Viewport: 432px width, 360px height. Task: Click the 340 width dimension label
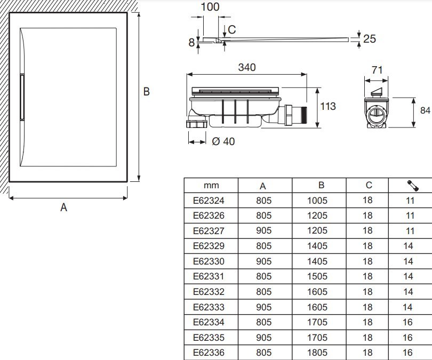tap(247, 67)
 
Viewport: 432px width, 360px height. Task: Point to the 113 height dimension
tap(328, 106)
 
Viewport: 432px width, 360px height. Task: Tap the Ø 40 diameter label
tap(223, 141)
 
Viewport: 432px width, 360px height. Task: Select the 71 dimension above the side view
tap(377, 70)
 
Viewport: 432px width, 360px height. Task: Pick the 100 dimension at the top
tap(210, 7)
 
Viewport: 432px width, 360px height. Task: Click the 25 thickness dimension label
tap(370, 38)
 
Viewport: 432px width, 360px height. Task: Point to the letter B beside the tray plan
tap(146, 92)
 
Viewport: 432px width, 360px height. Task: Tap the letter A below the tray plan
tap(63, 207)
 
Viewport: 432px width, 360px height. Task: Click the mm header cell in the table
tap(211, 186)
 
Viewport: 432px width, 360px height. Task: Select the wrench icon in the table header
tap(412, 186)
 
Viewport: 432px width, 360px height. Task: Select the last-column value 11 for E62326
tap(410, 216)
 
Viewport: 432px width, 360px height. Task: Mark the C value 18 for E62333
tap(367, 307)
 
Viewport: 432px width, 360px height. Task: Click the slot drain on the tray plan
tap(22, 98)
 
